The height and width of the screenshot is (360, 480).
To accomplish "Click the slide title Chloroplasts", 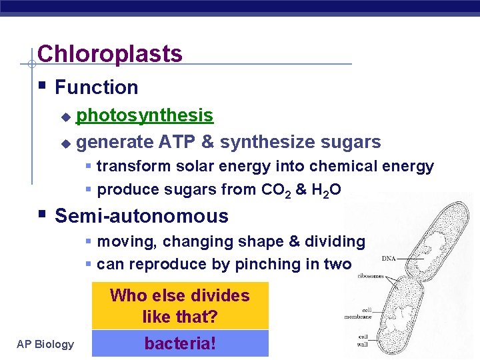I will click(x=110, y=54).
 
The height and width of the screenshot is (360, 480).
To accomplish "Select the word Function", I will click(x=96, y=87).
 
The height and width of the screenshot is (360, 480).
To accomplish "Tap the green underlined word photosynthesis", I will click(x=145, y=115).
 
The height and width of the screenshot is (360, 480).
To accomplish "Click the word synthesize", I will click(x=267, y=142).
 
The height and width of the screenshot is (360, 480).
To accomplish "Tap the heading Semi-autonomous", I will click(x=141, y=216).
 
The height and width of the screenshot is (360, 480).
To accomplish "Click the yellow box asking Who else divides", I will click(x=180, y=305).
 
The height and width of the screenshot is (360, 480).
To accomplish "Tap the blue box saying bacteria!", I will click(x=180, y=344).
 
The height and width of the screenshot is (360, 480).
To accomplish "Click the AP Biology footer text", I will click(x=46, y=344).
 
